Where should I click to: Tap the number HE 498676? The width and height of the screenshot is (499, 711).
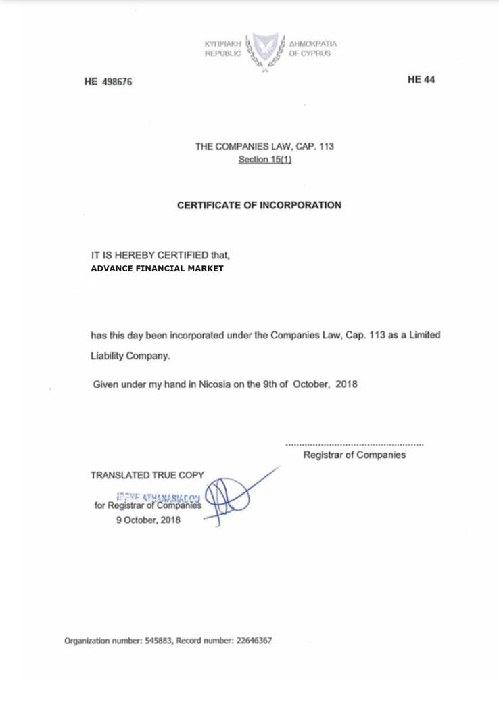(x=108, y=82)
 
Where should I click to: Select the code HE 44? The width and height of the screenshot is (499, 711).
(x=421, y=80)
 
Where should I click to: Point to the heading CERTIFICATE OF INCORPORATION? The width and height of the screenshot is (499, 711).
(x=259, y=205)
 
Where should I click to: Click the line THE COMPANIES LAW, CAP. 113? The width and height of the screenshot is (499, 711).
(x=264, y=146)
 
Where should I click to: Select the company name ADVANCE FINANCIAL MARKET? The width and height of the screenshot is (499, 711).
(x=157, y=269)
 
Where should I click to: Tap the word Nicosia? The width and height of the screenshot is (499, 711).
(x=215, y=384)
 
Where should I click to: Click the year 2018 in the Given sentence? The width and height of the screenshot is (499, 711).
(x=346, y=384)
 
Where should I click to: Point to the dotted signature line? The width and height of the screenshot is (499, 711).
(x=355, y=444)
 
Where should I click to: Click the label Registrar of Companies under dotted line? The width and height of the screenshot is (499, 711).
(x=354, y=455)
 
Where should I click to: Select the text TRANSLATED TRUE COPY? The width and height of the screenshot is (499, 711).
(x=147, y=476)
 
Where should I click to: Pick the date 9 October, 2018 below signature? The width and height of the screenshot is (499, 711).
(x=148, y=520)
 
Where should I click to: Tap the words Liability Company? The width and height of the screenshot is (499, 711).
(x=130, y=356)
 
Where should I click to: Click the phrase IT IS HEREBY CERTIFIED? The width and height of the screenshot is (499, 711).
(x=149, y=256)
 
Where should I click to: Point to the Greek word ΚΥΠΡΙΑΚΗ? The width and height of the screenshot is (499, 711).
(x=222, y=44)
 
